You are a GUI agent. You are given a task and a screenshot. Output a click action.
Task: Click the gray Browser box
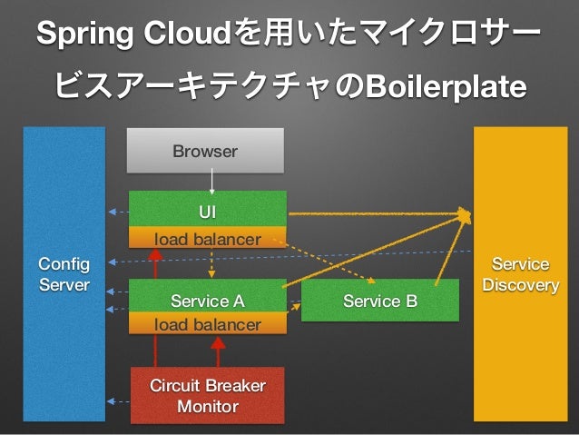tap(205, 151)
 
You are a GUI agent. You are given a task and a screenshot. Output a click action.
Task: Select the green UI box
tap(208, 209)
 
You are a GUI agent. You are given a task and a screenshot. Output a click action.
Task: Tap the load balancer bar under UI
tap(208, 237)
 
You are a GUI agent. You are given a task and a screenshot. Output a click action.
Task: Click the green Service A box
tap(208, 296)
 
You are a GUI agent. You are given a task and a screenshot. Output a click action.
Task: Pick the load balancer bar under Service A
tap(208, 323)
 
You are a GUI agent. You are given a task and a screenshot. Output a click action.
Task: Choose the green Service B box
tap(380, 300)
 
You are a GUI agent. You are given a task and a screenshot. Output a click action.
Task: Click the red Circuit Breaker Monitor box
tap(208, 395)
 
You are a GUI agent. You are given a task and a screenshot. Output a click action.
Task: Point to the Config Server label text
tap(64, 274)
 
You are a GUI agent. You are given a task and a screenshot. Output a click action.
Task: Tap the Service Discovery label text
tap(521, 274)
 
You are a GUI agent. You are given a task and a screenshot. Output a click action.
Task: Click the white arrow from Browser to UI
tap(212, 182)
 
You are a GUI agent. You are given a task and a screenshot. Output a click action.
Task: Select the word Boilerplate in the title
tap(447, 86)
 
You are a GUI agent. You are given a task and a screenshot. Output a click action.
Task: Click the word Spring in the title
tap(85, 34)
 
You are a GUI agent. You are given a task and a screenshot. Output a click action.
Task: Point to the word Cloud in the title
tap(188, 33)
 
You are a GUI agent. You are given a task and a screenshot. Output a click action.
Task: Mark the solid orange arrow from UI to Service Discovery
tap(379, 213)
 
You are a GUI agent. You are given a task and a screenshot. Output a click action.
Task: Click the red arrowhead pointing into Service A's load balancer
tap(218, 343)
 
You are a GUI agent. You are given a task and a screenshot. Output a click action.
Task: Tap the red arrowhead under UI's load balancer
tap(155, 254)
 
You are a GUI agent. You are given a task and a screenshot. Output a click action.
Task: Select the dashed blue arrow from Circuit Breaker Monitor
tap(118, 401)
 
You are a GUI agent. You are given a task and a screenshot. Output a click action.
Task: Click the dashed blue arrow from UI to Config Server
tap(119, 213)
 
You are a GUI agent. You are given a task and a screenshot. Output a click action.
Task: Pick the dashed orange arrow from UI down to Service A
tap(211, 264)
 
